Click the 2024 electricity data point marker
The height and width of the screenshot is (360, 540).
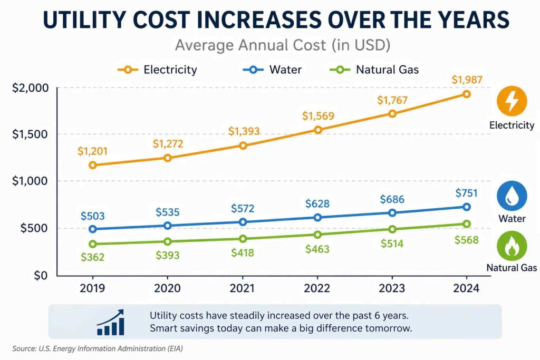point(466,94)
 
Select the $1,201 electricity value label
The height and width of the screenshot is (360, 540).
point(93,152)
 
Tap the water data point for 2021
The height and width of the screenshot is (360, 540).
point(243,222)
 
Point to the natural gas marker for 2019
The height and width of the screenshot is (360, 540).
point(93,244)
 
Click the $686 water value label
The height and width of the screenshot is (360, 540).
point(392,200)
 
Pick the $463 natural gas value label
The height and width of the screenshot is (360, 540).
point(317,248)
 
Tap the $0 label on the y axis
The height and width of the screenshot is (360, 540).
point(39,276)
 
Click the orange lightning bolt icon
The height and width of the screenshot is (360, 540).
point(512,101)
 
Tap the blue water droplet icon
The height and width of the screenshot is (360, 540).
point(512,196)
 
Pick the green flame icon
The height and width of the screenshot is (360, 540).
point(512,246)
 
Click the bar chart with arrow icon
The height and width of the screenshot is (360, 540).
point(110,323)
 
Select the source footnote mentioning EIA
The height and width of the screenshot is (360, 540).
point(97,348)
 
